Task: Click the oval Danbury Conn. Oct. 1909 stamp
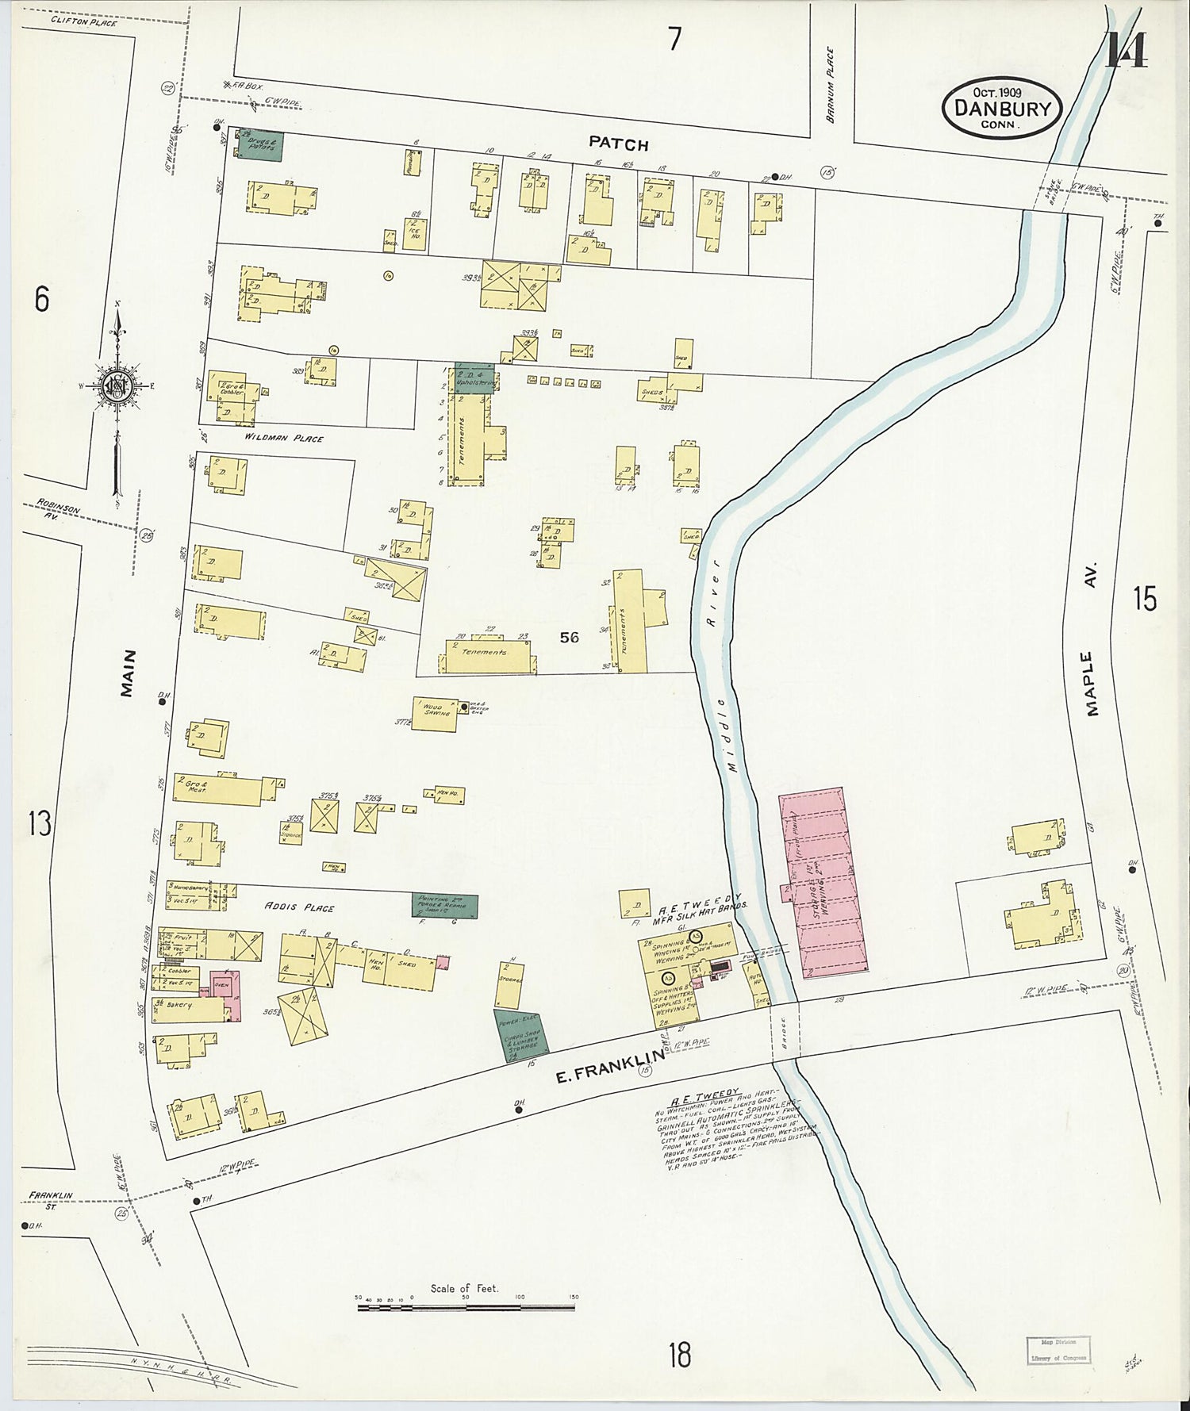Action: [x=1002, y=109]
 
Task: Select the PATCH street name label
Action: [x=619, y=144]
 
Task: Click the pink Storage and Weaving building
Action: [x=823, y=884]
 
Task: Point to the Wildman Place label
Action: [x=283, y=438]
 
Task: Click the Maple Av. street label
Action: [x=1093, y=640]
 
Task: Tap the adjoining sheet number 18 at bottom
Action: [x=679, y=1354]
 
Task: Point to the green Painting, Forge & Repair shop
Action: [x=445, y=906]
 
